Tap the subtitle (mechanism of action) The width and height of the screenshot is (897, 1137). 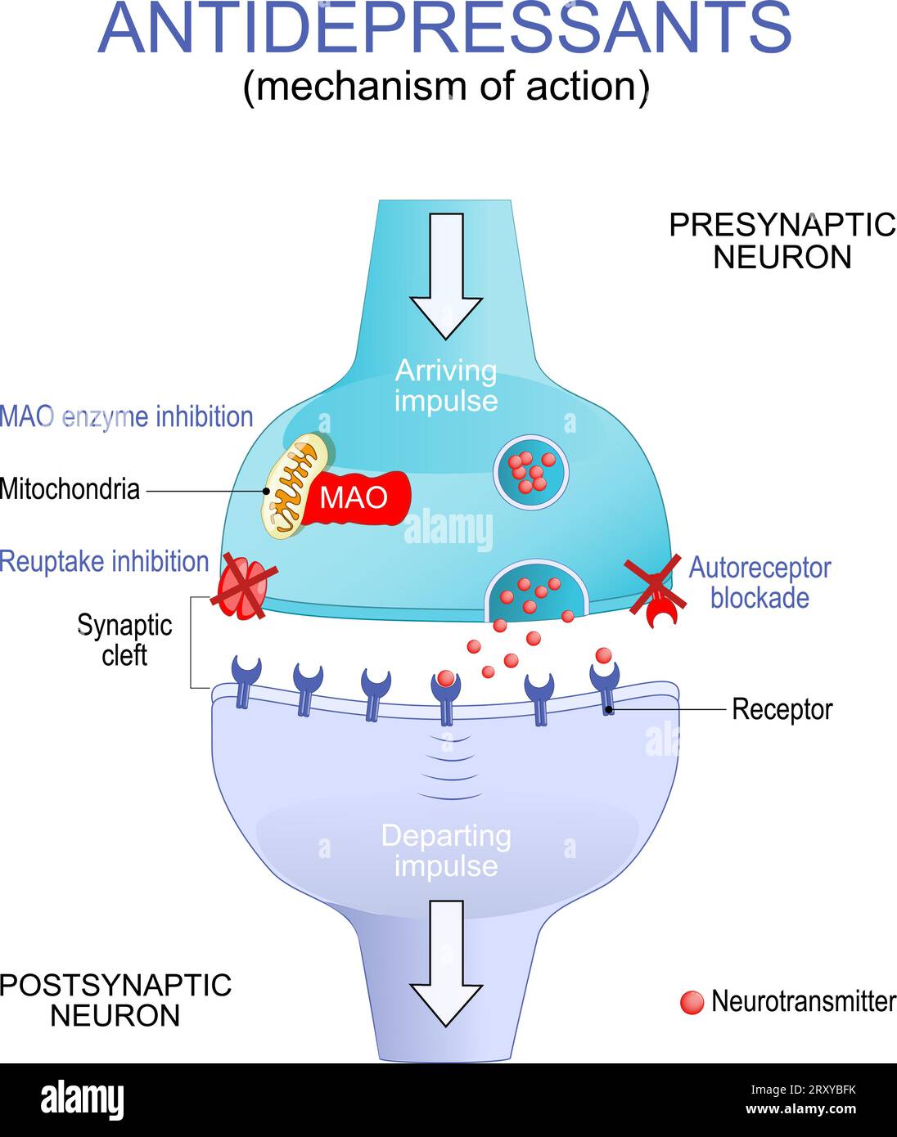tap(446, 86)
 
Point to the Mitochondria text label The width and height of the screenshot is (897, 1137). tap(70, 489)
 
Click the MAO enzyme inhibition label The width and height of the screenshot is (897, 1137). tap(127, 416)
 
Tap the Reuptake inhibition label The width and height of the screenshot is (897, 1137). tap(105, 562)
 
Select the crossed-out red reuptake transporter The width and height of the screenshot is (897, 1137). tap(242, 588)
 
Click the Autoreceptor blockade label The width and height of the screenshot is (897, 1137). tap(760, 582)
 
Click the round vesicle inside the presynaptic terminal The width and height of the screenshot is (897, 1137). tap(531, 472)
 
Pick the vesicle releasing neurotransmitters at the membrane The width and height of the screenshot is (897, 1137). tap(536, 593)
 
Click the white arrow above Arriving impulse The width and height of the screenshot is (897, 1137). tap(446, 274)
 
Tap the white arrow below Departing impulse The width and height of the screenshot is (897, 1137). tap(446, 962)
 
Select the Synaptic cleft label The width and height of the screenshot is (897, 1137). tap(124, 640)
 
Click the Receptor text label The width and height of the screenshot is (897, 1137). tap(782, 709)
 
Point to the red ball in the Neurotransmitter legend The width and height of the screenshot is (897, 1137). tap(692, 1002)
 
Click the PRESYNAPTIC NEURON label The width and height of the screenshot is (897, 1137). tap(782, 240)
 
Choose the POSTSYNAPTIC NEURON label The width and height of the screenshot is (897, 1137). tap(115, 1000)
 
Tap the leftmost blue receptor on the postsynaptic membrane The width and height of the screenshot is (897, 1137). tap(245, 678)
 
